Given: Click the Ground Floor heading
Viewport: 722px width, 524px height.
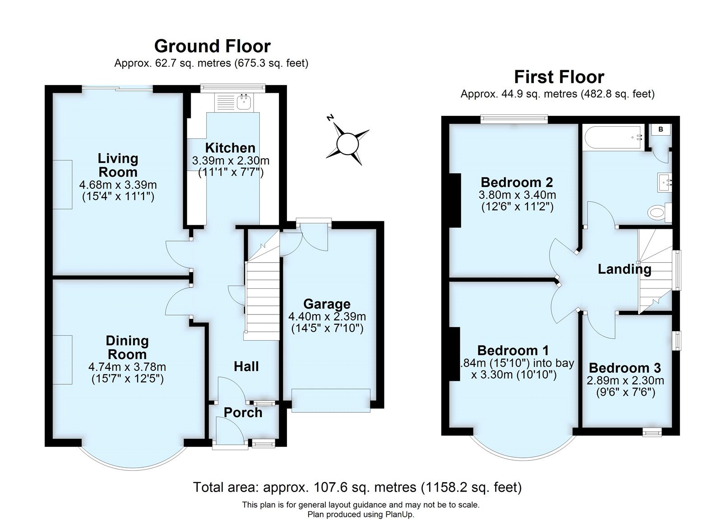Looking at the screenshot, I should (x=212, y=46).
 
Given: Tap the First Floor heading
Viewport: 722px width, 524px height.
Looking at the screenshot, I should (x=559, y=77).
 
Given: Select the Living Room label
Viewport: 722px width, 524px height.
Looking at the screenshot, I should (x=118, y=165).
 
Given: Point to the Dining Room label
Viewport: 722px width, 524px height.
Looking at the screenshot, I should (x=127, y=347).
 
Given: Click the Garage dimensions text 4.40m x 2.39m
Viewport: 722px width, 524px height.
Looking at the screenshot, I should (x=327, y=316).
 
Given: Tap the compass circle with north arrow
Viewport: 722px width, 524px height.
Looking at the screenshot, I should (x=347, y=144).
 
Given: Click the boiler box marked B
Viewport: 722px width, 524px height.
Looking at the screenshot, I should (x=661, y=130).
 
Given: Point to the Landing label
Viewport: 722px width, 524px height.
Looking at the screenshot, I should (x=624, y=269).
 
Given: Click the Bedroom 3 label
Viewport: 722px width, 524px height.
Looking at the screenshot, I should (x=625, y=368).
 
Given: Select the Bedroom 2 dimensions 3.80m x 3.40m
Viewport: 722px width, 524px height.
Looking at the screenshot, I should (x=517, y=195).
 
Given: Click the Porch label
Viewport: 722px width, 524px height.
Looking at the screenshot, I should (x=243, y=412).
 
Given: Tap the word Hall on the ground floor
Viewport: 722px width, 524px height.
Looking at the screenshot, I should (x=246, y=366).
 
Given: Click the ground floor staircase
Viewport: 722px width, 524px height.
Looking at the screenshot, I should (x=262, y=297).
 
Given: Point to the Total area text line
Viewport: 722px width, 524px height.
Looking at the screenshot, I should (x=357, y=487).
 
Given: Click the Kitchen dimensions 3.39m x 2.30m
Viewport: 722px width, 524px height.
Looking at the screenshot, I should (x=231, y=160).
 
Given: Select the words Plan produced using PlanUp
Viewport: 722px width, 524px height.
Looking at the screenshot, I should (x=361, y=514).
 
